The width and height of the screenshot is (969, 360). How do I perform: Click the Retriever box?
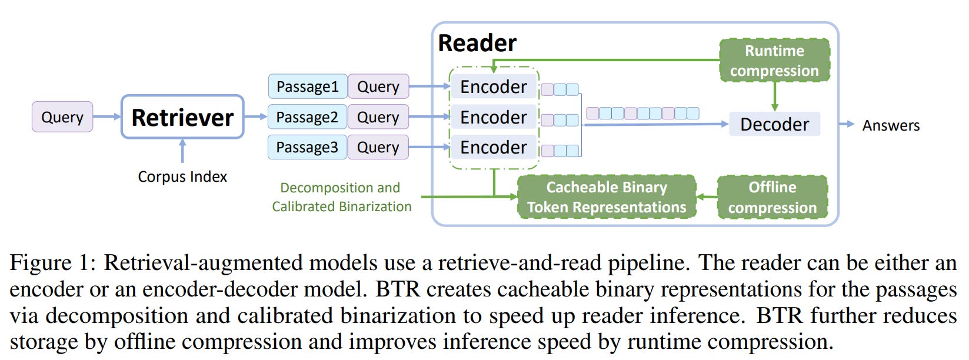pyautogui.click(x=182, y=117)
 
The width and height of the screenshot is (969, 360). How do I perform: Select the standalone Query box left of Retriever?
pyautogui.click(x=62, y=117)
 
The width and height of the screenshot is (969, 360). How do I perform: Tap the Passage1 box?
pyautogui.click(x=307, y=86)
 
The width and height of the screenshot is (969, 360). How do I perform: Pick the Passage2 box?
pyautogui.click(x=307, y=117)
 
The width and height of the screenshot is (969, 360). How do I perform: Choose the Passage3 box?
pyautogui.click(x=307, y=147)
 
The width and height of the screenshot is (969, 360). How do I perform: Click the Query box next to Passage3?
pyautogui.click(x=378, y=147)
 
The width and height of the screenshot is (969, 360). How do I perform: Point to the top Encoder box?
pyautogui.click(x=493, y=86)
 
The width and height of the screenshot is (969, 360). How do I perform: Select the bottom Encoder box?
pyautogui.click(x=493, y=147)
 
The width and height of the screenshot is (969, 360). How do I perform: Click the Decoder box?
pyautogui.click(x=774, y=124)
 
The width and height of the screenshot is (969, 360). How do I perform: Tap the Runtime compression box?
pyautogui.click(x=774, y=61)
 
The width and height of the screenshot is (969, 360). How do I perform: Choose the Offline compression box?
pyautogui.click(x=772, y=197)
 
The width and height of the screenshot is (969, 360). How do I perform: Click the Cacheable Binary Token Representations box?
pyautogui.click(x=607, y=197)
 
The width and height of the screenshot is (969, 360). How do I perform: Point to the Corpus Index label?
pyautogui.click(x=182, y=176)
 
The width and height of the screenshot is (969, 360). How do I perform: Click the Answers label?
pyautogui.click(x=891, y=125)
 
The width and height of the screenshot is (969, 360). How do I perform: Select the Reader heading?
pyautogui.click(x=477, y=43)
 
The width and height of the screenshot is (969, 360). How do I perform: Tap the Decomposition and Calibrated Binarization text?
pyautogui.click(x=341, y=197)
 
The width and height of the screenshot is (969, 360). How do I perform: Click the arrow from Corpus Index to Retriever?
pyautogui.click(x=182, y=151)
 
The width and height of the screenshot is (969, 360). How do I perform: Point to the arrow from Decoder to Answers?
pyautogui.click(x=847, y=124)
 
